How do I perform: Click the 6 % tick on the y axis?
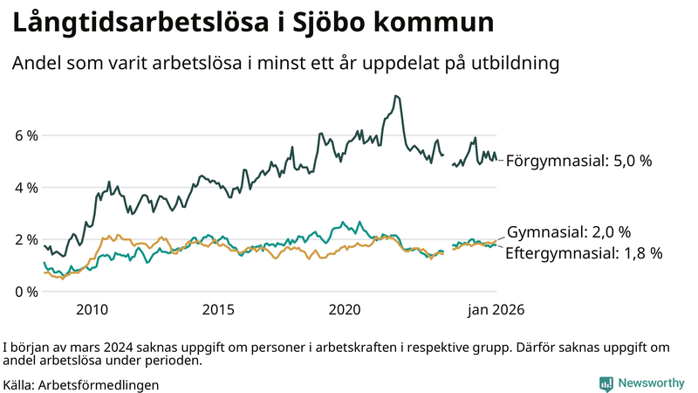coord(25,136)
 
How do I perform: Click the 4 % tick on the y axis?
coord(25,188)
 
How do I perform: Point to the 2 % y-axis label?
coord(25,239)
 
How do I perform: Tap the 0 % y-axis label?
coord(25,291)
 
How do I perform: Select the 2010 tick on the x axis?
coord(92,309)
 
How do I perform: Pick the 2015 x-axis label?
coord(218,309)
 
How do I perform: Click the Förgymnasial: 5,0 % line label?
coord(578,161)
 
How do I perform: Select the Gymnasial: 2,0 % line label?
coord(569,232)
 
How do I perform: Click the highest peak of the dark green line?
coord(396,96)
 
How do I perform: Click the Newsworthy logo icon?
coord(606,383)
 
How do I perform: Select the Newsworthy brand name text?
coord(651,383)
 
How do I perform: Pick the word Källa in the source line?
coord(19,384)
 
